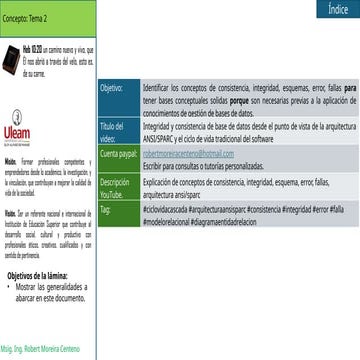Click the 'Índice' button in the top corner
click(338, 8)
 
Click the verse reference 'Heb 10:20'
click(33, 48)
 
